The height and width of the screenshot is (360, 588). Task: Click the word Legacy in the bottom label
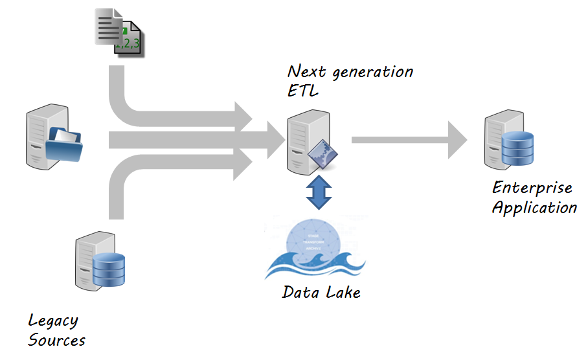click(x=53, y=321)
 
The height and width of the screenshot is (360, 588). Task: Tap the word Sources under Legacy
click(x=57, y=340)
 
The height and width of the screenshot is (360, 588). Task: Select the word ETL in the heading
click(x=303, y=91)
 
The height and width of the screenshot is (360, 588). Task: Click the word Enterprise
click(x=532, y=188)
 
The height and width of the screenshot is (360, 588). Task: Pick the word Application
click(x=535, y=208)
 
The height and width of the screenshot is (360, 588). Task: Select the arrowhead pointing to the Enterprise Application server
click(x=457, y=139)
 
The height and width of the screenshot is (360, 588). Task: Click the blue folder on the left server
click(x=64, y=143)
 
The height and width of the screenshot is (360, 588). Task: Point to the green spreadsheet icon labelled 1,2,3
click(x=128, y=41)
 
